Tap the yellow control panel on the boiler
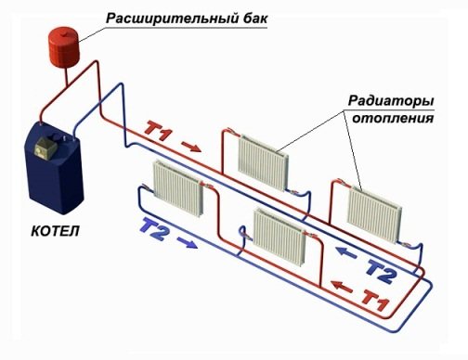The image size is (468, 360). coord(45,145)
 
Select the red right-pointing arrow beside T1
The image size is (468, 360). coord(190,145)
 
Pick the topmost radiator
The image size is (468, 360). coord(263,152)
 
